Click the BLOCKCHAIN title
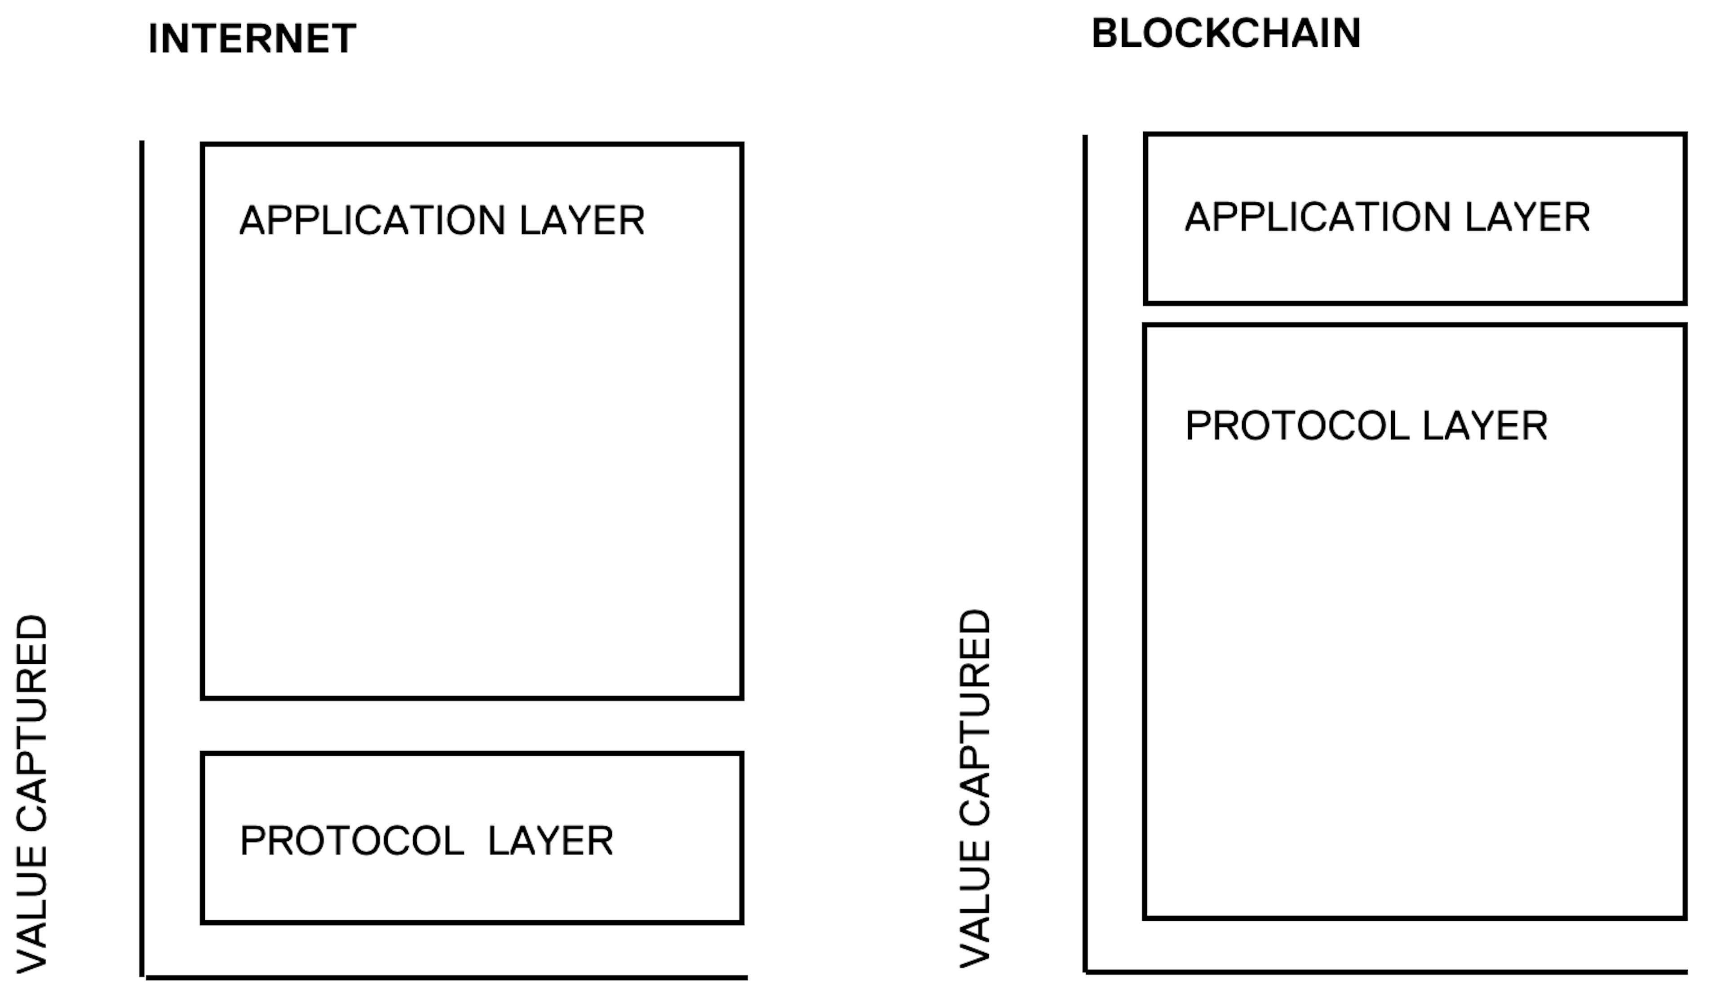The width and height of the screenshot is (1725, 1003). pyautogui.click(x=1225, y=34)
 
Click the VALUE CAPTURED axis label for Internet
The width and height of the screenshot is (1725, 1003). pyautogui.click(x=31, y=794)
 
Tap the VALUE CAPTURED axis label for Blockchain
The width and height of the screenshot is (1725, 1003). pyautogui.click(x=975, y=789)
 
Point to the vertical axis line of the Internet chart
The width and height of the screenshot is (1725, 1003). pyautogui.click(x=142, y=558)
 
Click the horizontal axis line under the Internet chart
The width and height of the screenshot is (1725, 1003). pyautogui.click(x=447, y=978)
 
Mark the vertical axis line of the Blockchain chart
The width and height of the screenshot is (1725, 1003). pyautogui.click(x=1085, y=553)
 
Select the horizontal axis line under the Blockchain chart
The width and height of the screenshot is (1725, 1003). pyautogui.click(x=1386, y=972)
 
